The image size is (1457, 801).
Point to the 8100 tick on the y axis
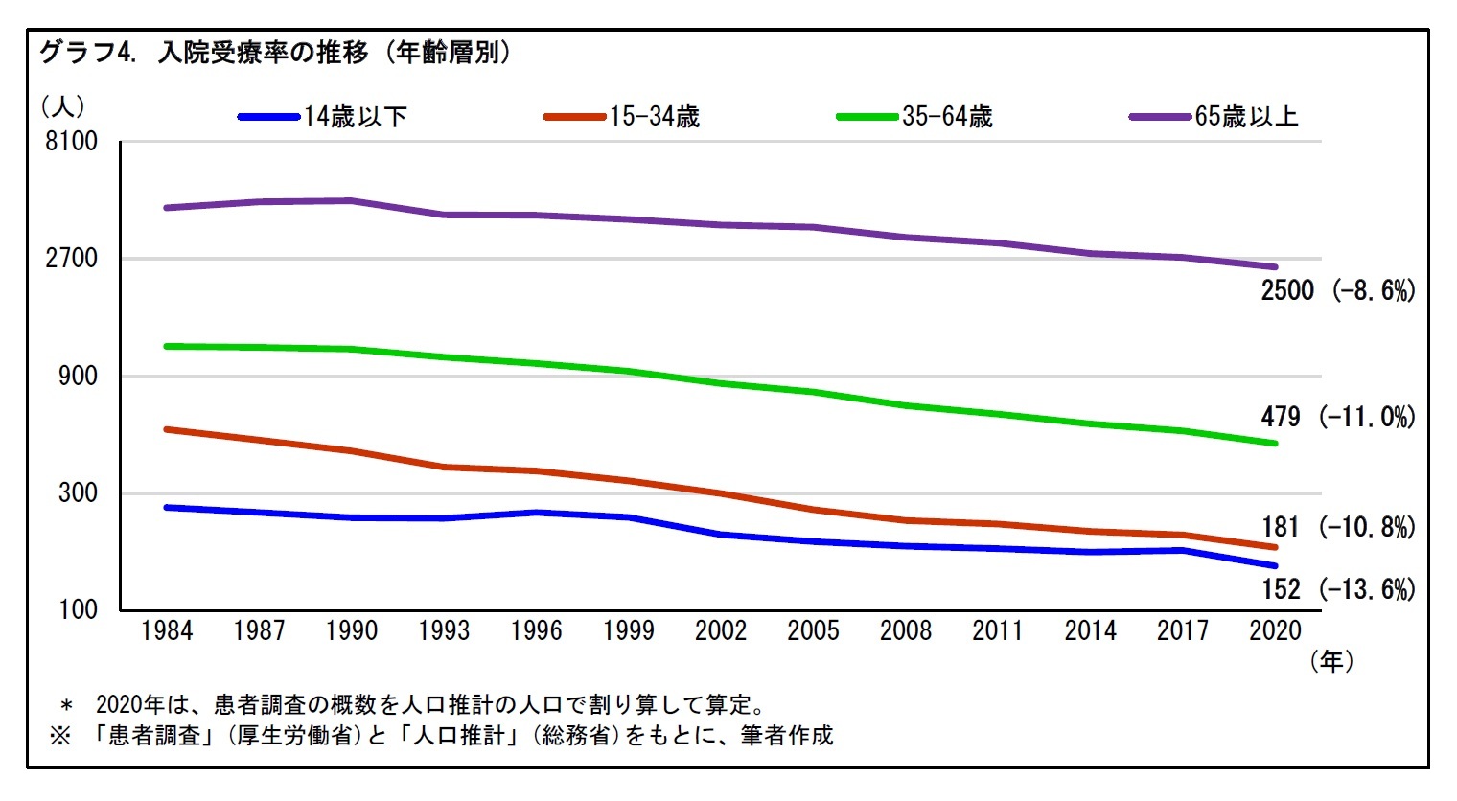point(72,141)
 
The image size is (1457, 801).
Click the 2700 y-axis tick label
point(72,258)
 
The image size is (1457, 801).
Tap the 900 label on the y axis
point(78,376)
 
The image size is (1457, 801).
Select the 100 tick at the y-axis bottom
point(78,609)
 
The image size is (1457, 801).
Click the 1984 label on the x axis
point(167,630)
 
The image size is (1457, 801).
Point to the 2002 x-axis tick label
point(721,630)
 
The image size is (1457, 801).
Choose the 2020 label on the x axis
point(1275,630)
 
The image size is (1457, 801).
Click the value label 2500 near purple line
point(1286,290)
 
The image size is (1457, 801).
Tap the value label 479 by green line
point(1281,417)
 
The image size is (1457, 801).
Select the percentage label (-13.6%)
point(1367,589)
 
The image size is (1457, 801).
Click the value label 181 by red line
point(1281,527)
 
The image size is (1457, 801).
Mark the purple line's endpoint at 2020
point(1275,267)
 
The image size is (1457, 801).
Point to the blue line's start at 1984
point(167,507)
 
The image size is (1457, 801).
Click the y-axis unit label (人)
point(63,105)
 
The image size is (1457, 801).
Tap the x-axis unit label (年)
point(1331,661)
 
